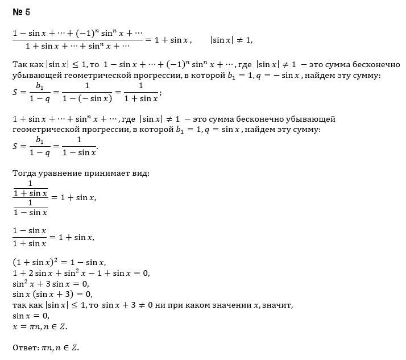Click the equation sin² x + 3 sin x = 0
(x=50, y=284)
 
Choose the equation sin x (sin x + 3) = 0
(x=52, y=295)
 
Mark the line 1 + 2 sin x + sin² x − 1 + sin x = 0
(x=81, y=273)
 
